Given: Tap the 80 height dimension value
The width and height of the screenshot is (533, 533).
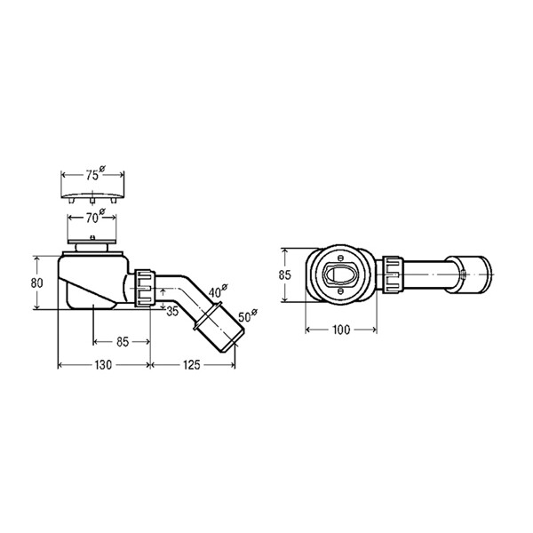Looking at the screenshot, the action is [36, 282].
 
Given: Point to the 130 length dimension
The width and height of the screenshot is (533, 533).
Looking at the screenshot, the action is [103, 365].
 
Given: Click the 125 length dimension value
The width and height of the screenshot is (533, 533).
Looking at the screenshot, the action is [192, 365].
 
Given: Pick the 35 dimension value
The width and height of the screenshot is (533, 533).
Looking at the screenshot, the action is [172, 311].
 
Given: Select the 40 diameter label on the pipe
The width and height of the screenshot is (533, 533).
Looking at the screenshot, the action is [218, 291].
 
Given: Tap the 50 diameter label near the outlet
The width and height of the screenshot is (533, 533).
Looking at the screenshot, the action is [248, 315].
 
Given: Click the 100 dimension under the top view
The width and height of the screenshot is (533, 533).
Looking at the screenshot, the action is [341, 330].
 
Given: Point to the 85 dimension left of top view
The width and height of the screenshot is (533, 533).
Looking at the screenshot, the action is [285, 274].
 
